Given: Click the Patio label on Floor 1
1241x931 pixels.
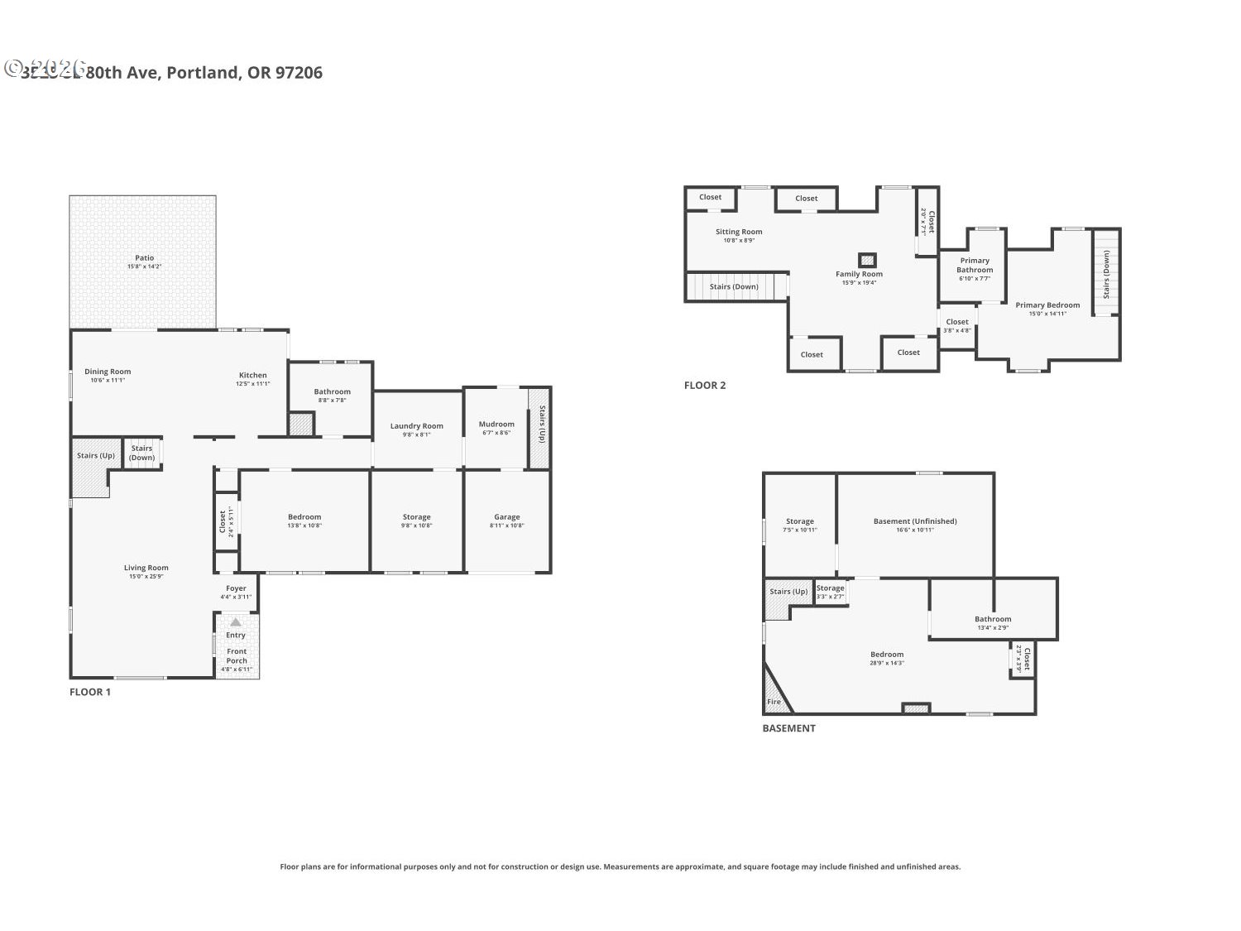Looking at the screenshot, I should [145, 258].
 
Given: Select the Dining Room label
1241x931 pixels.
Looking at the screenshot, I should [108, 372].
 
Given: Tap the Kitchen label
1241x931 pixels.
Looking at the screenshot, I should [253, 376].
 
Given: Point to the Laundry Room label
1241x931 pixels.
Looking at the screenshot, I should [417, 426].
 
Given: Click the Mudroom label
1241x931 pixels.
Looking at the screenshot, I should [496, 425].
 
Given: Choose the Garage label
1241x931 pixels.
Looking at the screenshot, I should [507, 517].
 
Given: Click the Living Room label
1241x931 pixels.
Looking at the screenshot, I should [146, 568].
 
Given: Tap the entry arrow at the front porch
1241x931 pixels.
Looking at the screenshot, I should [236, 621].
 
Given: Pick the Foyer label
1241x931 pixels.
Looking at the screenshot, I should [236, 588].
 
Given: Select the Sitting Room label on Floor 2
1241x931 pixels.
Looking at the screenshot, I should [739, 233].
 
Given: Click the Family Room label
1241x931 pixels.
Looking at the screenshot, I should [859, 274].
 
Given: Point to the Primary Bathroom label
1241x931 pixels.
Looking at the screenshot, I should [975, 265].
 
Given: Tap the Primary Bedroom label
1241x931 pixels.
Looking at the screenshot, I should [1047, 305].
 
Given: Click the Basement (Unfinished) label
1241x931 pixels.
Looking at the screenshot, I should [915, 521].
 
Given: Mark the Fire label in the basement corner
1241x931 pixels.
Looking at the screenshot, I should [774, 702].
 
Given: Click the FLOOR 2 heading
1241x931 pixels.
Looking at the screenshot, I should [705, 385].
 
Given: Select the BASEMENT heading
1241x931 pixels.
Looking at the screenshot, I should [788, 728].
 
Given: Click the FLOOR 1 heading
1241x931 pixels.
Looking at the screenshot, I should [89, 692].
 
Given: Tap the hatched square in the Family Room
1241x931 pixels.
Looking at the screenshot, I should [867, 260].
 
